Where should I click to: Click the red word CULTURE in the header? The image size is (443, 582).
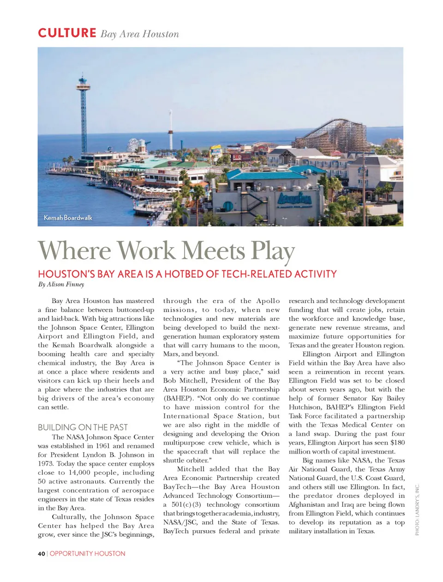[67, 33]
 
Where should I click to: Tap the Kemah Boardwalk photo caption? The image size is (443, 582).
[68, 218]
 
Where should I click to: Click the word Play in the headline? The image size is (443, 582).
[272, 251]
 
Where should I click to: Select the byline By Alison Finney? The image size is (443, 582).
[61, 285]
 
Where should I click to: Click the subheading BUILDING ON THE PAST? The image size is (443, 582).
[83, 427]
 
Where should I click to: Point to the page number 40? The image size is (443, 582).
[42, 553]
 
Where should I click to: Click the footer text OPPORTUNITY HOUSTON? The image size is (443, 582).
[87, 553]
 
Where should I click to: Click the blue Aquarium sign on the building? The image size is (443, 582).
[293, 199]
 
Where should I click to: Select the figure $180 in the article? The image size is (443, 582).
[397, 443]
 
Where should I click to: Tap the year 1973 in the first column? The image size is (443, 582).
[46, 464]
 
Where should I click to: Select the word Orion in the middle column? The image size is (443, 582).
[270, 434]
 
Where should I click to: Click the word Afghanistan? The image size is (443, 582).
[307, 504]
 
